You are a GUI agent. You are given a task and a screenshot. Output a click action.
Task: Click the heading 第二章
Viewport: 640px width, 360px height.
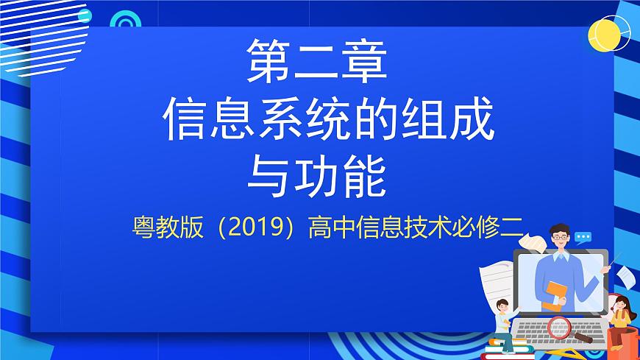click(x=316, y=62)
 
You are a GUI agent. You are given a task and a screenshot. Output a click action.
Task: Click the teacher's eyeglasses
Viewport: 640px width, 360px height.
click(x=561, y=237)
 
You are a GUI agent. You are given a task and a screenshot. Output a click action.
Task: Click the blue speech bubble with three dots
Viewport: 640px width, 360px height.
click(x=583, y=237)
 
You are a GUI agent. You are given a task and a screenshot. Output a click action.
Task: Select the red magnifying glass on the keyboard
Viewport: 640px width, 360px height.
click(x=561, y=326)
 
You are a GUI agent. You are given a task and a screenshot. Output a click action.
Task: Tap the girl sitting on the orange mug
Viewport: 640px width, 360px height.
click(x=622, y=313)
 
